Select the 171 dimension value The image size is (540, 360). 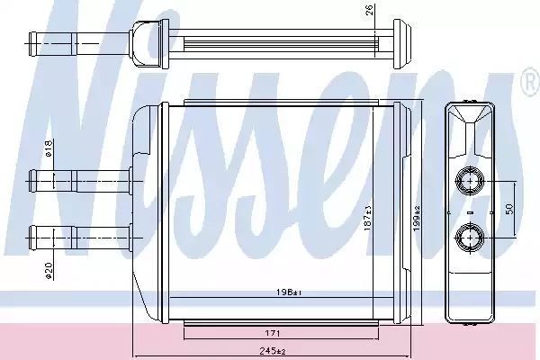(273, 333)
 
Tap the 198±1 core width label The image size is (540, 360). (289, 292)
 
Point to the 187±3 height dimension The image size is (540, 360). (368, 218)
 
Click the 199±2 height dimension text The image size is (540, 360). (417, 218)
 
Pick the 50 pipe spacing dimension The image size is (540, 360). (509, 209)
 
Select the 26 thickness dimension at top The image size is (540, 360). (370, 10)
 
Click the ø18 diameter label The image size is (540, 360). (49, 148)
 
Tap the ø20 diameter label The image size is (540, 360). (49, 271)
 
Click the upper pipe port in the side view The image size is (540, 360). (470, 181)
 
